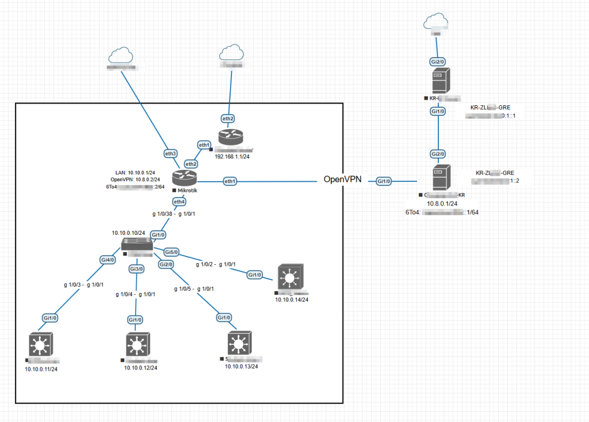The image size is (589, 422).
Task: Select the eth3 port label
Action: click(171, 153)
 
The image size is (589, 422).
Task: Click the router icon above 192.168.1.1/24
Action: click(231, 137)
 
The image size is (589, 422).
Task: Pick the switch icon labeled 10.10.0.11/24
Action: click(40, 345)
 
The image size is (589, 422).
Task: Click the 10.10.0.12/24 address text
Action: click(140, 368)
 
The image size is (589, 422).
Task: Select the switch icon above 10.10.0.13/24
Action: click(237, 344)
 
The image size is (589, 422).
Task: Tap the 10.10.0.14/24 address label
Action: click(292, 299)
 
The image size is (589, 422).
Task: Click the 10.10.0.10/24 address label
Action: click(128, 233)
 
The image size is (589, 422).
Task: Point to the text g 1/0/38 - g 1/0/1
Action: click(174, 214)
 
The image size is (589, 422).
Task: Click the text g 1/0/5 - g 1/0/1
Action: click(194, 288)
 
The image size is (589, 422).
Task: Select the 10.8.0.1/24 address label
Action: click(441, 203)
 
